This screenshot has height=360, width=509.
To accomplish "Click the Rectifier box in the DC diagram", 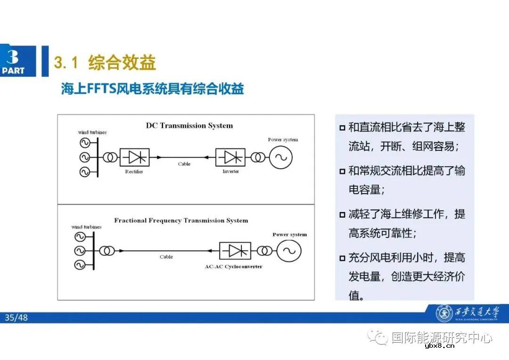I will coord(134,157).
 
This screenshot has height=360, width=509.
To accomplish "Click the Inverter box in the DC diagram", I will coord(230,157).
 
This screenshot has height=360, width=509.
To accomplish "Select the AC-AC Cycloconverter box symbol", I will coord(235,251).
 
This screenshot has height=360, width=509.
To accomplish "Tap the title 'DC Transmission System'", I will coord(189,126).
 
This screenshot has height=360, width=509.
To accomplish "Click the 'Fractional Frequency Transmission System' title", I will coord(181,221).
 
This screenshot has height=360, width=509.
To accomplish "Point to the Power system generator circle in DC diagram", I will coord(280,157).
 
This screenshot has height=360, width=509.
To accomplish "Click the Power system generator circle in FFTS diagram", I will coord(288,250).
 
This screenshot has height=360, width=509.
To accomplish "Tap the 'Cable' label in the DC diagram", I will coord(184,164).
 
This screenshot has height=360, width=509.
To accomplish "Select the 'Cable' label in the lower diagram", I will coord(166,257).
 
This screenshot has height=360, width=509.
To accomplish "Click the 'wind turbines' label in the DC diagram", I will coord(92,132).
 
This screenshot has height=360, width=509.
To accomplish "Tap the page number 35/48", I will coord(16,318).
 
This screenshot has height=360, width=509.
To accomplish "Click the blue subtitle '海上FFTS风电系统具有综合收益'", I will coord(152,89).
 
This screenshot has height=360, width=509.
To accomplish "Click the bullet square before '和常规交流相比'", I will coord(342,172).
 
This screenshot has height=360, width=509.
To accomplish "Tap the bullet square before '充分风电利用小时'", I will coord(342,258).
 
